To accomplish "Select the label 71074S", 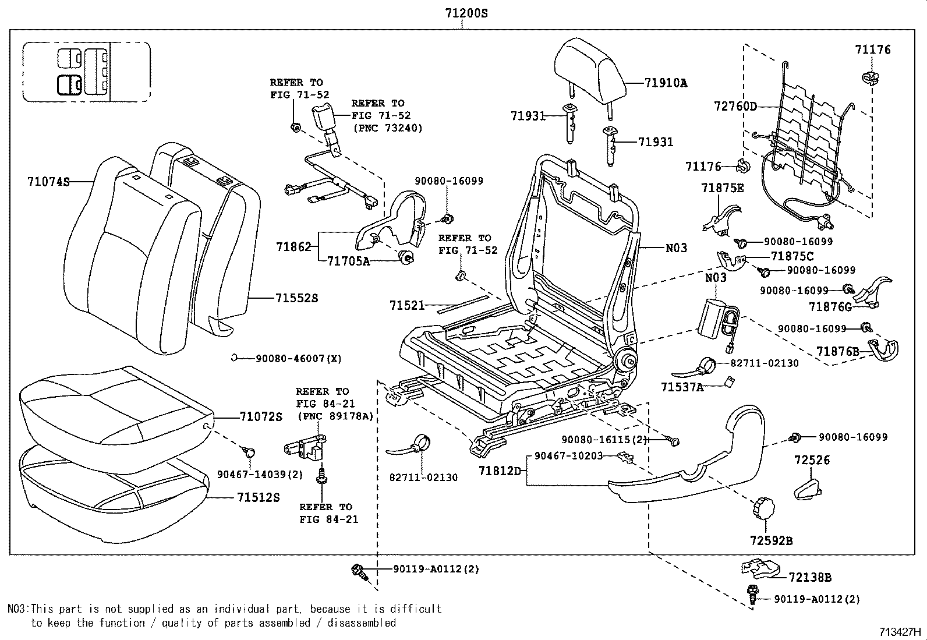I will pos(48,182).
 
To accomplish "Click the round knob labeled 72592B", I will pos(763,510).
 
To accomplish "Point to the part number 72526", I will pos(812,460).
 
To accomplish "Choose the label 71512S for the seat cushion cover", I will pos(258,497).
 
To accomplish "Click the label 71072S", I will pos(261,416).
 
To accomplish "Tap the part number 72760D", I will pos(735,106).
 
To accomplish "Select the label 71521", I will pos(407,305).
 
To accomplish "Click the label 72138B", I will pos(810,577).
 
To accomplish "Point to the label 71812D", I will pos(500,470).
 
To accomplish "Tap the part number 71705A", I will pos(348,261).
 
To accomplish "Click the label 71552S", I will pos(297,298).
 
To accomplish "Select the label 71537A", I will pos(682,387).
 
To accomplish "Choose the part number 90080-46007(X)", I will pos(299,359).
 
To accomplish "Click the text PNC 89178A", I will pos(335,416).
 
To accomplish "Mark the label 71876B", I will pos(837,351).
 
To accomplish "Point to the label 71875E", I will pos(723,188).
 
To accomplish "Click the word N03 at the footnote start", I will pos(17,609).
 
